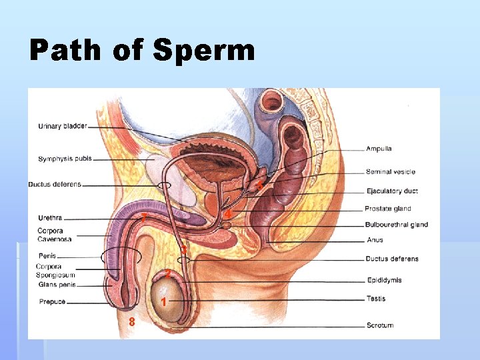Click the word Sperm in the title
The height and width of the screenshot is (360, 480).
point(203,51)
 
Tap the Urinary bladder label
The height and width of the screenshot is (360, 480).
point(62,126)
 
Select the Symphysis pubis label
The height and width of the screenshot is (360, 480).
point(65,159)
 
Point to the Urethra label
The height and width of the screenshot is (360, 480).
point(50,217)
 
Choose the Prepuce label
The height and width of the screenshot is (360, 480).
point(52,301)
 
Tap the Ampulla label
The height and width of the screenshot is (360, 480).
point(379,149)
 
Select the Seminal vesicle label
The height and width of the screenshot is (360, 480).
point(390,172)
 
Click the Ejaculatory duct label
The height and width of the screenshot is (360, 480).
point(392,191)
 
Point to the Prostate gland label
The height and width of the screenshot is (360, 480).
point(388,209)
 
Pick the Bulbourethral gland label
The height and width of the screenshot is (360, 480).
point(397,225)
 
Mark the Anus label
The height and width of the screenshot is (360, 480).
point(375,240)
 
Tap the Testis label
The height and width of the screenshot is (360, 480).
point(376,299)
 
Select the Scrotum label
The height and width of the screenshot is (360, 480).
point(379,325)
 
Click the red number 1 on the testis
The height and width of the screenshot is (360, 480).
point(163,302)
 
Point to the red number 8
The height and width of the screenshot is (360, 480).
point(132,322)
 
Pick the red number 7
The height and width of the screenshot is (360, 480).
point(143,217)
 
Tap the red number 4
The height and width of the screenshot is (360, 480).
point(228,214)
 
